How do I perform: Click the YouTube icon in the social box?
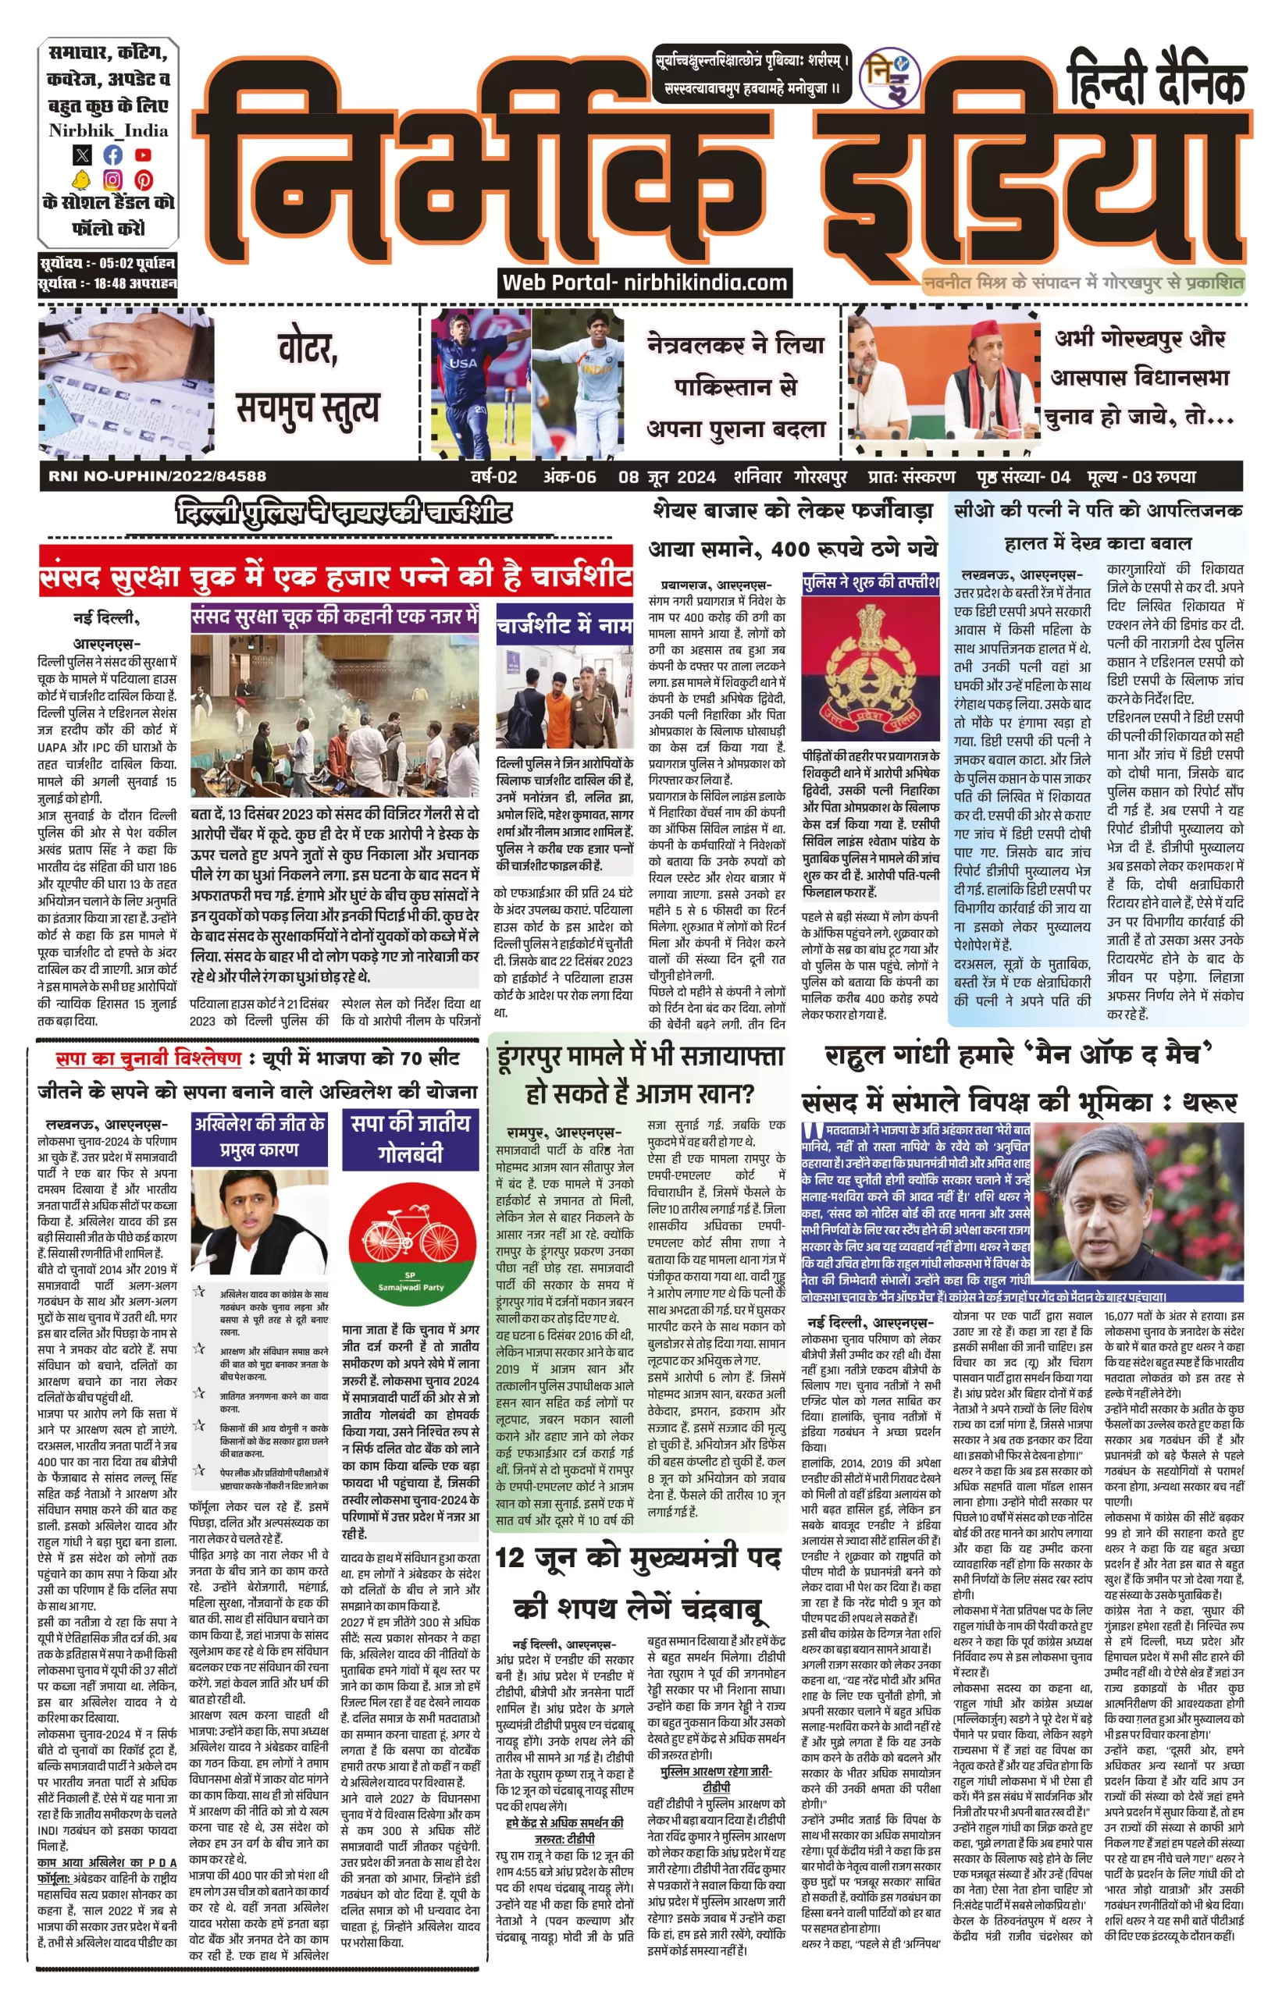click(x=143, y=155)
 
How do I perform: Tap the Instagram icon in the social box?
click(x=112, y=179)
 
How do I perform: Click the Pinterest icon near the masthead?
click(x=143, y=179)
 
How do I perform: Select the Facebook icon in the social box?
click(x=112, y=155)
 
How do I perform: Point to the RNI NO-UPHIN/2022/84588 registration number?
click(x=158, y=476)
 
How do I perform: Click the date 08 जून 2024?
click(x=666, y=477)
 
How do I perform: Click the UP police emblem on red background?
click(x=871, y=666)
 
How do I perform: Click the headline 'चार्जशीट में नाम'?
click(x=564, y=625)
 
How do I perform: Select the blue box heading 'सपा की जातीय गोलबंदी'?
click(x=411, y=1139)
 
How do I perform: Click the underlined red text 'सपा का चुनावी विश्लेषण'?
click(x=148, y=1058)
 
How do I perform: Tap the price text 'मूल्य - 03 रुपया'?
click(x=1141, y=477)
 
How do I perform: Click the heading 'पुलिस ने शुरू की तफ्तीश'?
click(x=870, y=582)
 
